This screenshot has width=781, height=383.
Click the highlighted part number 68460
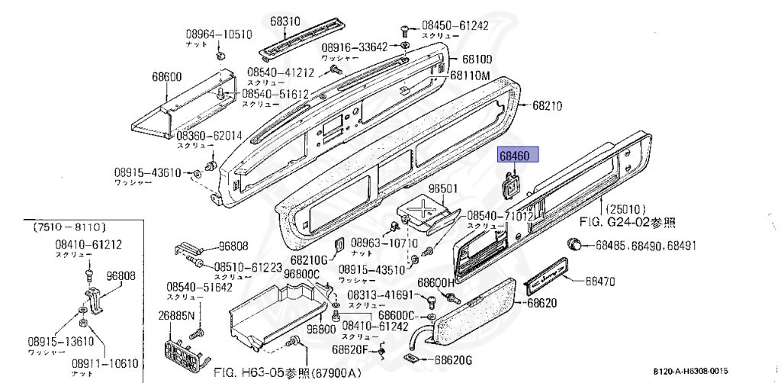click(518, 156)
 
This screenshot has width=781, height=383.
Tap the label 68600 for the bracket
click(166, 76)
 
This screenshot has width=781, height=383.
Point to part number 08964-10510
click(219, 34)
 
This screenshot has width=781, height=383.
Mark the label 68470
click(600, 282)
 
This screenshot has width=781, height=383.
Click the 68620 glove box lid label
click(542, 303)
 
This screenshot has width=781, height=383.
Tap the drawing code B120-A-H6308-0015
click(695, 371)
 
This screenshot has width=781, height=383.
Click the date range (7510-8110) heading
click(69, 228)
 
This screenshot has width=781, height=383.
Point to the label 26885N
click(177, 316)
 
